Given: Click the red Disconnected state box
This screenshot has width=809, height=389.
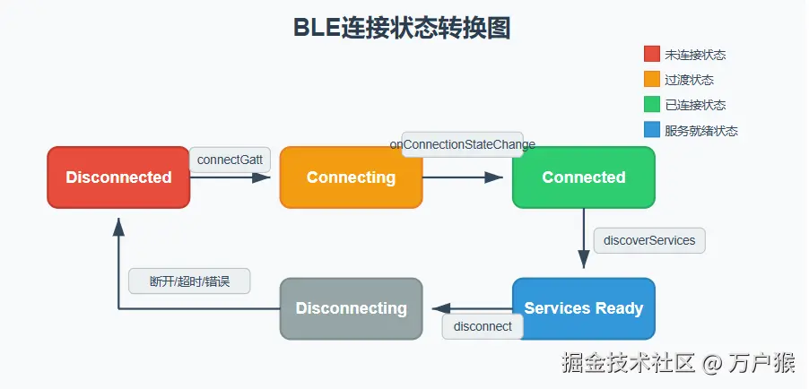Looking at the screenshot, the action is (118, 177).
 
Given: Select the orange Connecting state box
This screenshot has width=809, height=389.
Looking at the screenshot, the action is (352, 177).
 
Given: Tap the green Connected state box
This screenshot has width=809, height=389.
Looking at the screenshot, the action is (584, 177).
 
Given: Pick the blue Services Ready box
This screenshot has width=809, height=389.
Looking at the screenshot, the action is (584, 308).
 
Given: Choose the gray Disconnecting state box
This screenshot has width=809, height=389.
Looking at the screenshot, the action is (352, 308).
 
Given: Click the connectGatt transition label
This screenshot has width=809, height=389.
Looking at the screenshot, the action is (231, 160).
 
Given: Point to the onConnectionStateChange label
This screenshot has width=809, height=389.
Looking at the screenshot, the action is (462, 144).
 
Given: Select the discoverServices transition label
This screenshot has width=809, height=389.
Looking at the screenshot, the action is (649, 240).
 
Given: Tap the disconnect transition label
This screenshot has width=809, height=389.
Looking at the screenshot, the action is (483, 326).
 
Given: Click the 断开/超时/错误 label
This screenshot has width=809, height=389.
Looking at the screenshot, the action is (189, 281).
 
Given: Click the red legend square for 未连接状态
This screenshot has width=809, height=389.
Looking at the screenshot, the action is (652, 54).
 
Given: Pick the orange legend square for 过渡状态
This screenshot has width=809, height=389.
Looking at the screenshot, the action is (652, 79).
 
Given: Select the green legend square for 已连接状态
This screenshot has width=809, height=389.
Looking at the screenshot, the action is (652, 104).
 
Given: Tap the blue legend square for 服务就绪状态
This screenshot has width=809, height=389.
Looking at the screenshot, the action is (652, 129).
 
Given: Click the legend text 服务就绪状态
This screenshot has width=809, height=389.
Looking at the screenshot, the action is (701, 131).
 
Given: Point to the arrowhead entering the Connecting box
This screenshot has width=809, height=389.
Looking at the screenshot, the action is (262, 177).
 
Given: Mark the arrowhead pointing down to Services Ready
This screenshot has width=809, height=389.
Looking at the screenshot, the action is (584, 260).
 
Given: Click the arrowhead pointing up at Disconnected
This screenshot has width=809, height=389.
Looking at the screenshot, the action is (118, 227).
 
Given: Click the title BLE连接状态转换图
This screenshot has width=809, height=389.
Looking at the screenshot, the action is (402, 28).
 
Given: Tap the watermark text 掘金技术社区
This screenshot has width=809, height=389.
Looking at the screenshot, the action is (628, 363).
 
